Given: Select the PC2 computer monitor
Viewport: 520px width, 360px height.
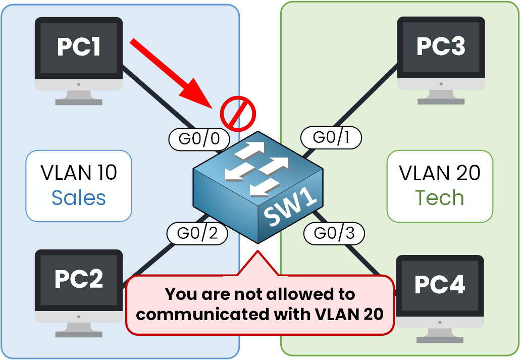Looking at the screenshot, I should (x=79, y=280).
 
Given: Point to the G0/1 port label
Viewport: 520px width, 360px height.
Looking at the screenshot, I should (x=331, y=137).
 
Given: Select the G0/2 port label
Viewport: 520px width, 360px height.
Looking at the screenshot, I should (x=197, y=233).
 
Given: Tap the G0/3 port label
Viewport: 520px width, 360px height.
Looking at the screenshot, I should (x=334, y=233).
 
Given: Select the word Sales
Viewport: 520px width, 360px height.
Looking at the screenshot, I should (x=79, y=198).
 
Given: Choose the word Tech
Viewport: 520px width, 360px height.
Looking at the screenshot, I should (x=439, y=198).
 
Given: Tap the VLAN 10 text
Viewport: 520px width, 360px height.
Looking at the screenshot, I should (x=79, y=173).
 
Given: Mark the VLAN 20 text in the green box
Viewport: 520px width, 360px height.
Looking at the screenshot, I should (x=439, y=173).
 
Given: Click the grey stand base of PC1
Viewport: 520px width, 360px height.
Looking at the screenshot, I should (x=79, y=101).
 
